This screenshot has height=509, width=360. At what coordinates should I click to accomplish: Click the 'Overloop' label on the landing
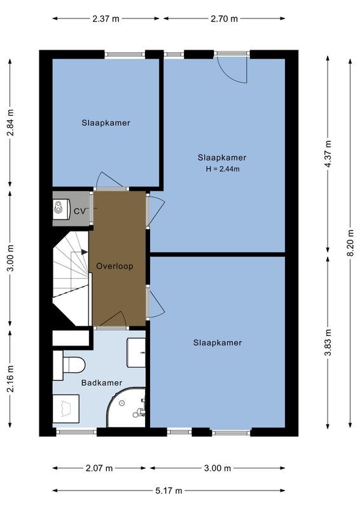(114, 266)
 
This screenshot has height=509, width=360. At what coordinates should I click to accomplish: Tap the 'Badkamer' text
(99, 383)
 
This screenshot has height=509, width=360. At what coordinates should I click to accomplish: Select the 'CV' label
(80, 211)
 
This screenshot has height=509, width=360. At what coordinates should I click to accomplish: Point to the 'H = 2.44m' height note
(222, 169)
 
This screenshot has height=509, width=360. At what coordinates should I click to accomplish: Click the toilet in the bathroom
(71, 365)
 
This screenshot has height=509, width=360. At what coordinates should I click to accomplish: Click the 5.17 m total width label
(169, 491)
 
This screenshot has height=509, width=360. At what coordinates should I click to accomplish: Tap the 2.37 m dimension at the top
(105, 18)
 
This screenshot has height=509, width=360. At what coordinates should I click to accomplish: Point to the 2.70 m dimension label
(224, 18)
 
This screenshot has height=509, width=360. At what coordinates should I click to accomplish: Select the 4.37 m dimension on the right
(328, 154)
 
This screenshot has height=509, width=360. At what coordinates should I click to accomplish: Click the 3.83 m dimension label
(328, 343)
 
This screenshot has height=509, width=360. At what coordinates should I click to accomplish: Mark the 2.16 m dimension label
(10, 378)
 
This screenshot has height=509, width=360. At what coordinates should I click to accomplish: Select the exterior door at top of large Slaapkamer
(232, 69)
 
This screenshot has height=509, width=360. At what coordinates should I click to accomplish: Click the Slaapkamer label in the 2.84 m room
(106, 123)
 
